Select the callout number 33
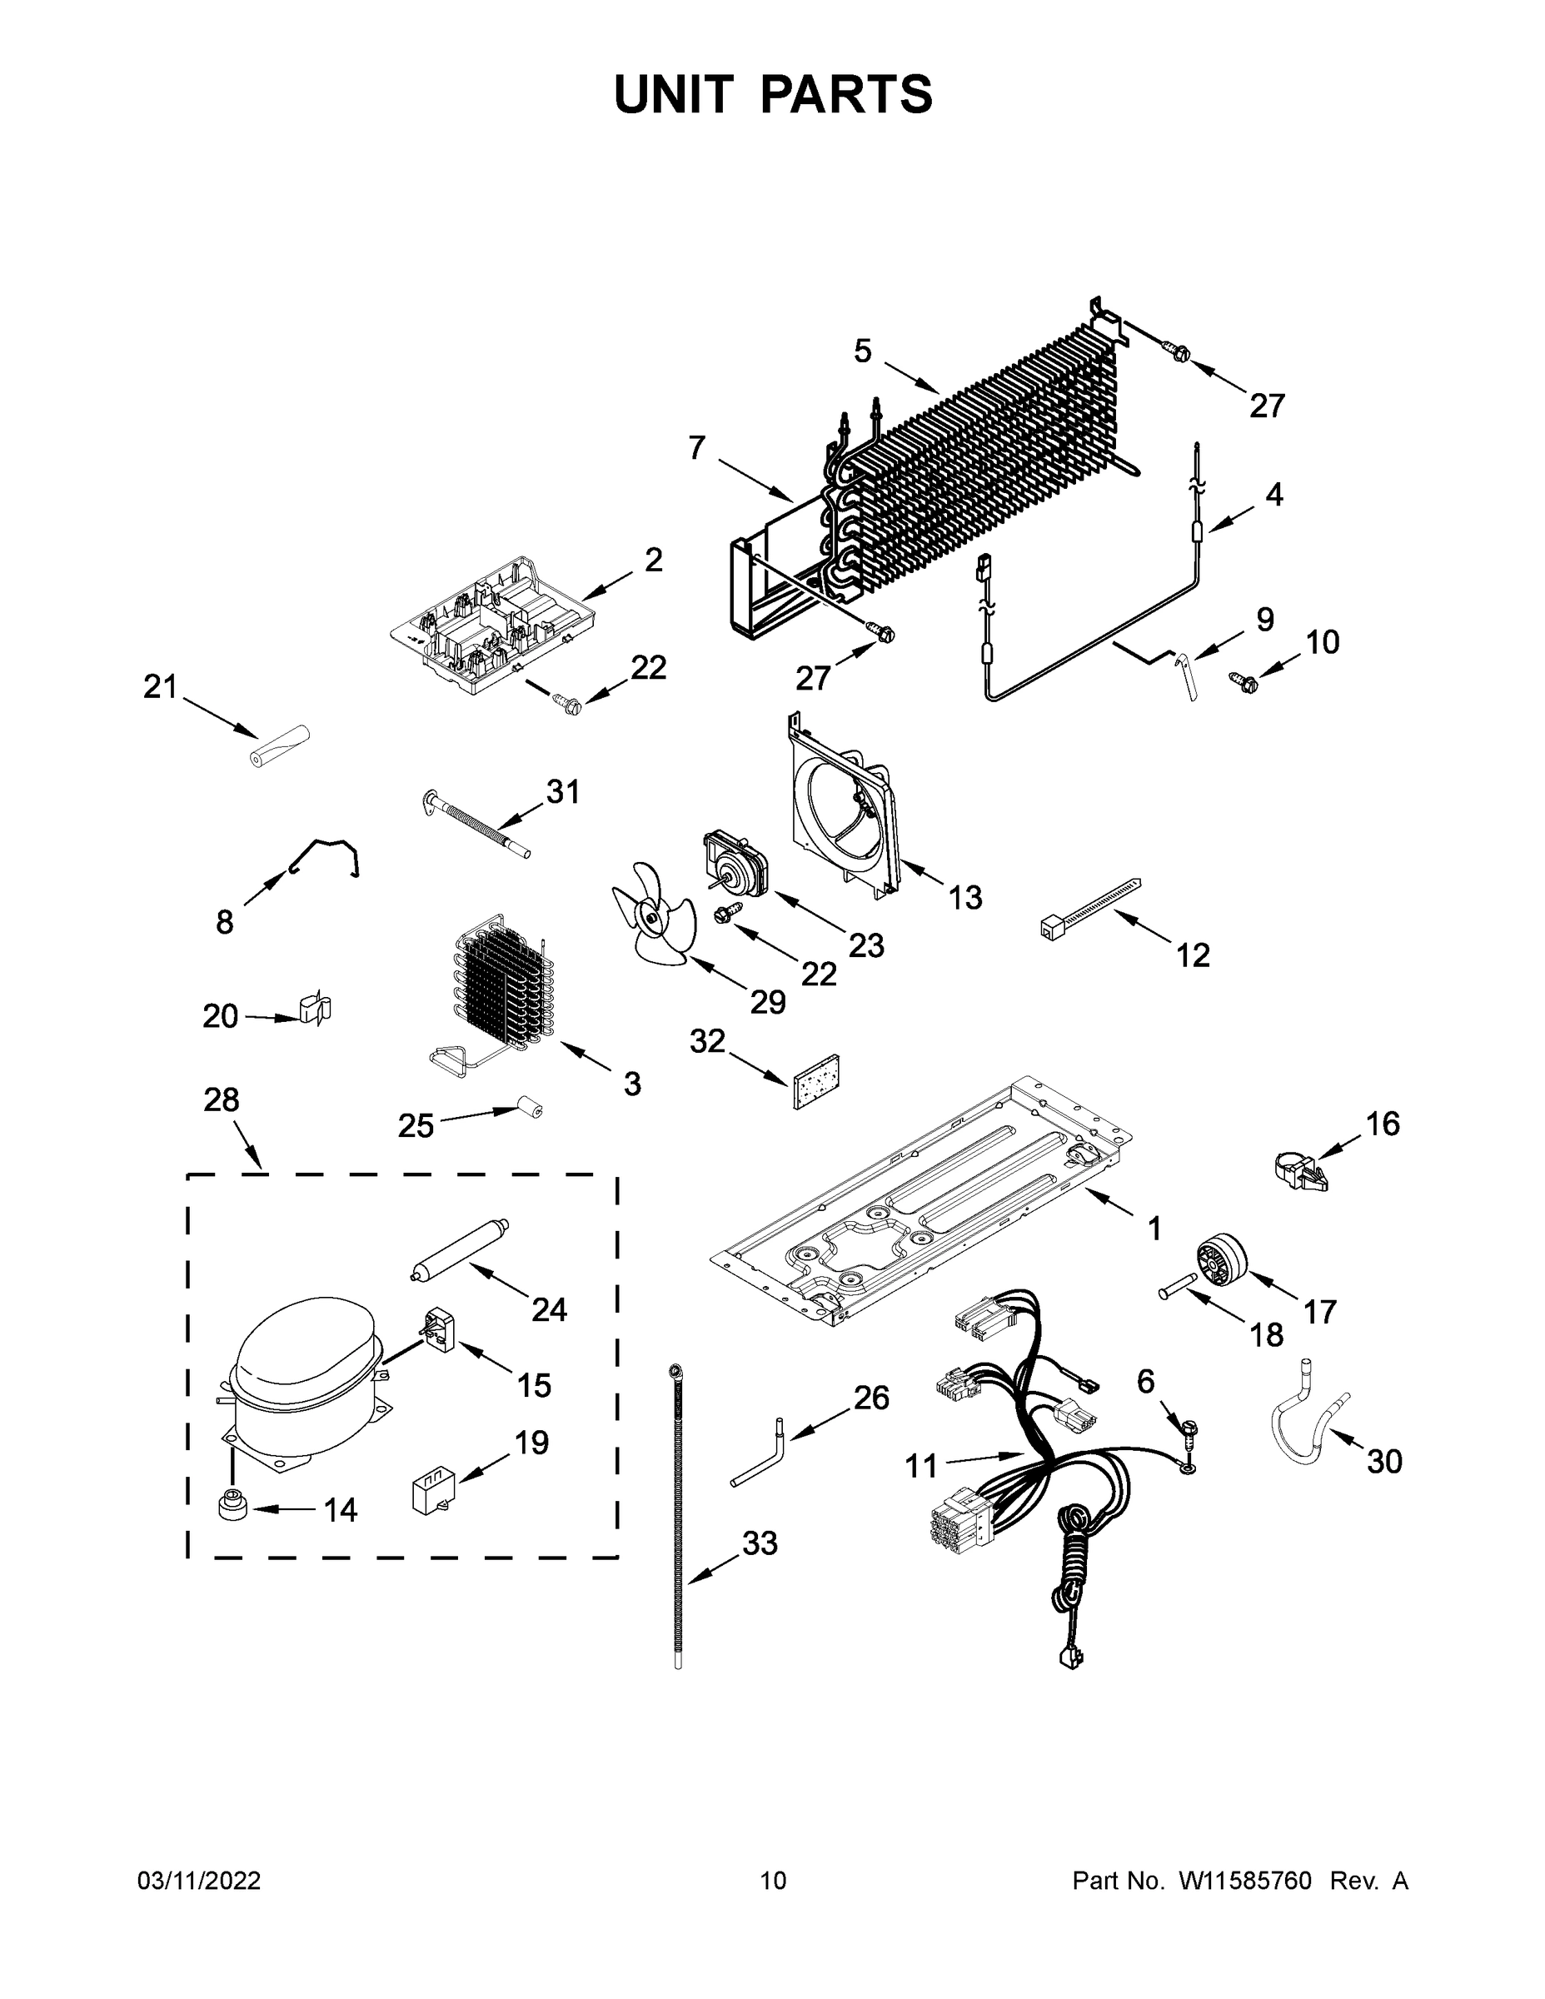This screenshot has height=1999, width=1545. click(759, 1543)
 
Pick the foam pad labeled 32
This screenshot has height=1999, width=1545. click(816, 1081)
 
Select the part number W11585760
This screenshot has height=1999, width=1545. click(1245, 1880)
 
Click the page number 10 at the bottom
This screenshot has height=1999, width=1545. click(773, 1880)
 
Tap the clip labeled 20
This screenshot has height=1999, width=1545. click(314, 1009)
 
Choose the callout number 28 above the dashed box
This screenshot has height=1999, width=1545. click(222, 1099)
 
